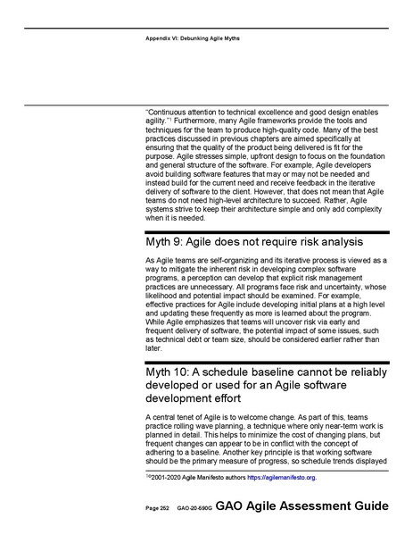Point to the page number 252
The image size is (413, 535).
164,506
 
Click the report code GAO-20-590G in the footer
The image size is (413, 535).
194,506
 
